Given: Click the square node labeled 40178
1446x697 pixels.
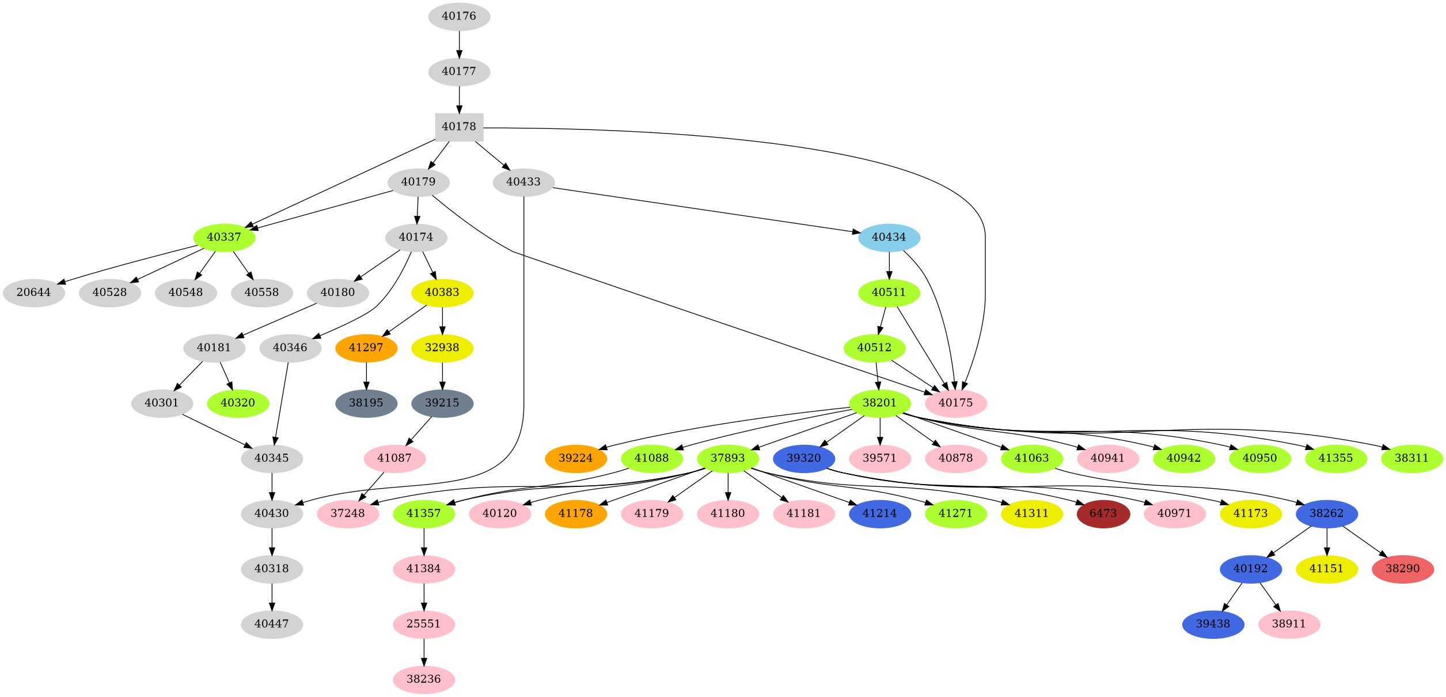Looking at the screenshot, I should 459,127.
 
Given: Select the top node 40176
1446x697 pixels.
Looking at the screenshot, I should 459,16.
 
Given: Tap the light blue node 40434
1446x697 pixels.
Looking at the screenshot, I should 889,237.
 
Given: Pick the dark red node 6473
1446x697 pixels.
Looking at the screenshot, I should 1103,513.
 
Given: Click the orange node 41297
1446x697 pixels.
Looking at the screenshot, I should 366,348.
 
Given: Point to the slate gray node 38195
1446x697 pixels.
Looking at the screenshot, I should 366,403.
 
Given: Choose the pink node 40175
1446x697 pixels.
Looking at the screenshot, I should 955,403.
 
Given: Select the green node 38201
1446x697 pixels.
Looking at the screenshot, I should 879,403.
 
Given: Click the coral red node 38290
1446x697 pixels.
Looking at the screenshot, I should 1402,569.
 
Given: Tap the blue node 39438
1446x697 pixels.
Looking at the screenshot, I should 1213,624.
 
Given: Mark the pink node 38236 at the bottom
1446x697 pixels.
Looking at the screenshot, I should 424,679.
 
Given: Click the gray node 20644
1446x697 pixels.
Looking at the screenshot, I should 33,292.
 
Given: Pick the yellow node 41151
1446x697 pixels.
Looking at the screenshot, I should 1326,569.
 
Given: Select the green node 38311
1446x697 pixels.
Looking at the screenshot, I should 1411,458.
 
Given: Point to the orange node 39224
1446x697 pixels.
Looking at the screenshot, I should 576,458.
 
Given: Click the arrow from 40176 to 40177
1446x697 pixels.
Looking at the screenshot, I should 459,44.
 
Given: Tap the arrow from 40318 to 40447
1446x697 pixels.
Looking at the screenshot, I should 272,596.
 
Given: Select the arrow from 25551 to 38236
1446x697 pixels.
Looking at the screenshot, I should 424,652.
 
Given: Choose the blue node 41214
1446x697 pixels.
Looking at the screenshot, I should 879,513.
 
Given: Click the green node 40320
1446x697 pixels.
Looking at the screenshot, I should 238,403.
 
